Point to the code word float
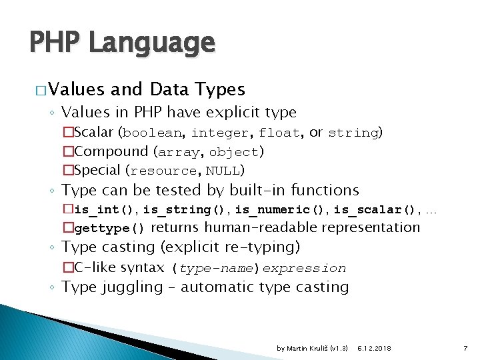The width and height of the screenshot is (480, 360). pos(279,133)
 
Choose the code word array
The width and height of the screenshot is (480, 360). pos(178,152)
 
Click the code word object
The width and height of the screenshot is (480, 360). pos(233,152)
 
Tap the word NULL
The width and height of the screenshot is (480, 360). pos(223,171)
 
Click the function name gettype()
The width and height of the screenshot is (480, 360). pos(109,229)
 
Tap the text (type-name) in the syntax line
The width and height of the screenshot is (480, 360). pos(216,269)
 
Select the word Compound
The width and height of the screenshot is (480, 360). pos(110,151)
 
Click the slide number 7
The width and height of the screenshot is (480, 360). pos(465,347)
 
